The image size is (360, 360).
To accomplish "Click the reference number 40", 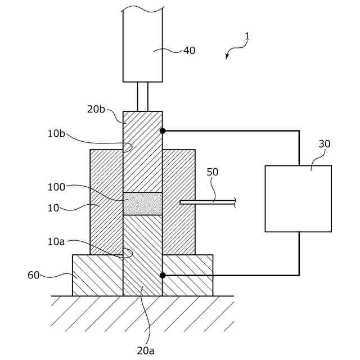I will point(189,51).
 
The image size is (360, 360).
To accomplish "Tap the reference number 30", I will point(325,144).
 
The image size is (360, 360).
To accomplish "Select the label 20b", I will point(96,109).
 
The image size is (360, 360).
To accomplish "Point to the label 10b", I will point(56,134).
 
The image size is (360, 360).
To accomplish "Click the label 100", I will point(57,187).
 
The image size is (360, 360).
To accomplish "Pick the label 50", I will point(212,172).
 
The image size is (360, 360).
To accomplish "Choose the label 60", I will point(34,275).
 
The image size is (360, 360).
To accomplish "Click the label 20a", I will point(146,350).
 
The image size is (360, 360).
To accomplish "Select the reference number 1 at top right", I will point(247,37).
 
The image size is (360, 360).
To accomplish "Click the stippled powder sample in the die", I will point(142,204).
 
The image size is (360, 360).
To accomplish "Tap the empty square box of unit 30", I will point(298,199).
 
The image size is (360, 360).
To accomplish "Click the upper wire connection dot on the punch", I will point(163,131).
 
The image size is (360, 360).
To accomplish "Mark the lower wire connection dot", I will point(163,275).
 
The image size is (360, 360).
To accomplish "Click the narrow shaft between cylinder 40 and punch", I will point(143,97).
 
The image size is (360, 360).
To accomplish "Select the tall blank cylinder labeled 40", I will point(143,45).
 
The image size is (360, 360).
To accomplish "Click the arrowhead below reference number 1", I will point(227,57).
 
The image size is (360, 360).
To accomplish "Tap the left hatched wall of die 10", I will point(106,202).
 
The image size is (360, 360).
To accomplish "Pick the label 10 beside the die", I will point(53,208).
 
